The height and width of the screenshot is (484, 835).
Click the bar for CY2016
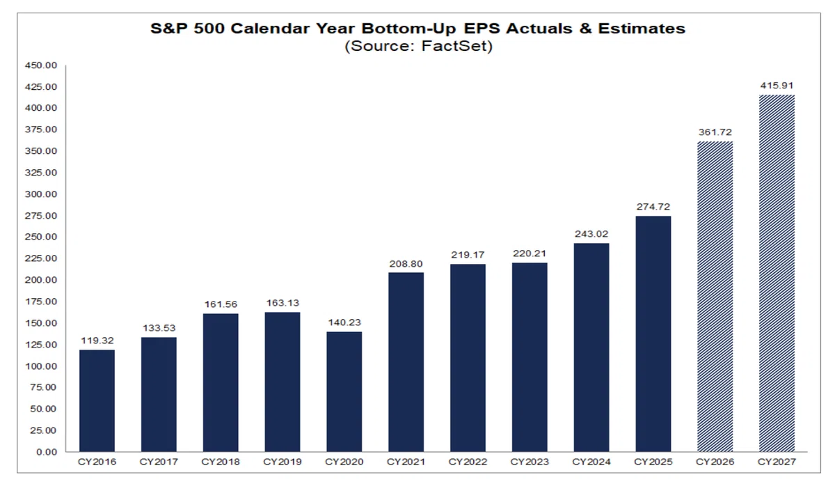pyautogui.click(x=97, y=401)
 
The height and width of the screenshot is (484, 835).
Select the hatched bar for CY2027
pyautogui.click(x=777, y=273)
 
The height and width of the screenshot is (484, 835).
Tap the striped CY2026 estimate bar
pyautogui.click(x=715, y=297)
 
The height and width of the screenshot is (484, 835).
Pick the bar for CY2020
pyautogui.click(x=344, y=392)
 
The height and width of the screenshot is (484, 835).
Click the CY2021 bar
pyautogui.click(x=406, y=362)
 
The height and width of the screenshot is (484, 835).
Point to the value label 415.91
pyautogui.click(x=777, y=86)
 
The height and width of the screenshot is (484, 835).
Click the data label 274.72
pyautogui.click(x=653, y=207)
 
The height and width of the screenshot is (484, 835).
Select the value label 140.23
pyautogui.click(x=344, y=322)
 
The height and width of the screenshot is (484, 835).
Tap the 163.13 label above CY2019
pyautogui.click(x=283, y=303)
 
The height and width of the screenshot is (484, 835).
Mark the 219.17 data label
pyautogui.click(x=468, y=255)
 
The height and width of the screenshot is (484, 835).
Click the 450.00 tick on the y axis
pyautogui.click(x=41, y=65)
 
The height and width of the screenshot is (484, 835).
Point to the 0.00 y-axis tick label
pyautogui.click(x=47, y=452)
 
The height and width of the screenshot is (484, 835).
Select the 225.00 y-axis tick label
pyautogui.click(x=41, y=258)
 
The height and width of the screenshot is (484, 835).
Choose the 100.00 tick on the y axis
pyautogui.click(x=41, y=366)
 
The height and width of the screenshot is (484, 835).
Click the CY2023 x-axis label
pyautogui.click(x=530, y=462)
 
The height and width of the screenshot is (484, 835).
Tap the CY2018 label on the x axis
pyautogui.click(x=221, y=462)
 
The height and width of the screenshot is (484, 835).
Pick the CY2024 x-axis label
pyautogui.click(x=591, y=462)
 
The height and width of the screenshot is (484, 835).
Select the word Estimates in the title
pyautogui.click(x=642, y=29)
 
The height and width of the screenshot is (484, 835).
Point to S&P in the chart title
pyautogui.click(x=169, y=29)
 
